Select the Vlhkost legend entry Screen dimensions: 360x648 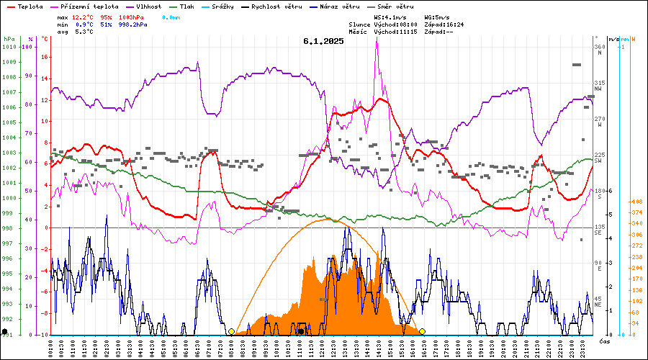(148, 6)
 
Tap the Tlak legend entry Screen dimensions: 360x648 (186, 6)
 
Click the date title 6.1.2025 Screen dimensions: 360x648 (323, 41)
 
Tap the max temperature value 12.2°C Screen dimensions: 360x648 (84, 16)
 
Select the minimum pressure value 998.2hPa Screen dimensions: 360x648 (134, 24)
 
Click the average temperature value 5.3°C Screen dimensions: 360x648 (84, 32)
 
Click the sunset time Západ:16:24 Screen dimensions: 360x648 (444, 24)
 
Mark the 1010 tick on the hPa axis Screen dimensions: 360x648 (9, 47)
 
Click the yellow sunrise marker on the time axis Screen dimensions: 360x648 (231, 332)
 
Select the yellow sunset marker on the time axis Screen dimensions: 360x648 (423, 332)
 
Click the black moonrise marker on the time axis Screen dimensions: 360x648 (300, 332)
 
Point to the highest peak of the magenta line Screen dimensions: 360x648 (377, 40)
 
